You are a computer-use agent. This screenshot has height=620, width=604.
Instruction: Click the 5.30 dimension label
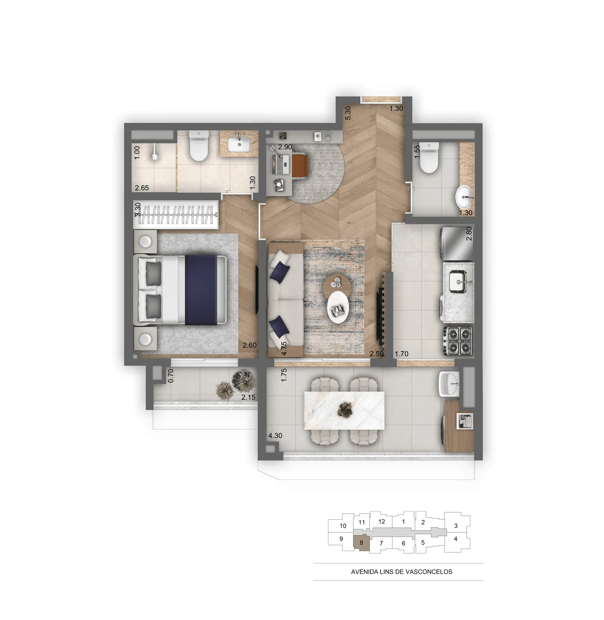tap(348, 113)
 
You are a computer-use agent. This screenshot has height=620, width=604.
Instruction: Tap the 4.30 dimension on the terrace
tap(275, 436)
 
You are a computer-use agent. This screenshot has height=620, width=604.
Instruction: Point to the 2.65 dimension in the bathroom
tap(142, 188)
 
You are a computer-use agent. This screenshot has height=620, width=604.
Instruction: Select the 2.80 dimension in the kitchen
tap(469, 234)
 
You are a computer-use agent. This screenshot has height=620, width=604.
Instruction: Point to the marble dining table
tap(344, 410)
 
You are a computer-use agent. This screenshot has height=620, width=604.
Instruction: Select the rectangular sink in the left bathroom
tap(239, 144)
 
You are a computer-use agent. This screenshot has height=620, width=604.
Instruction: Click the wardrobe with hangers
tap(176, 215)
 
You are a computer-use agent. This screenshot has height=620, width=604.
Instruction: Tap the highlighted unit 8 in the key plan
tap(361, 543)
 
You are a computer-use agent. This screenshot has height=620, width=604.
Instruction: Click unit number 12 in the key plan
tap(382, 521)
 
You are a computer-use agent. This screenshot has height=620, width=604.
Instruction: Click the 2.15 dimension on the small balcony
tap(248, 397)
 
